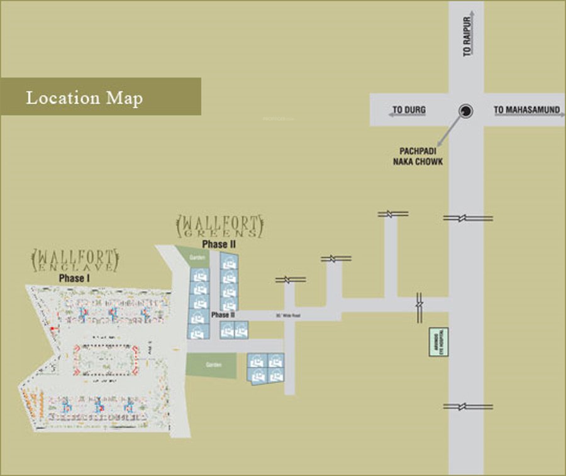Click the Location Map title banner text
(84, 98)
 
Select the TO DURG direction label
(409, 110)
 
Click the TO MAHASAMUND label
(526, 110)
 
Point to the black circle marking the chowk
(465, 111)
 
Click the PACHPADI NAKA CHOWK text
(421, 157)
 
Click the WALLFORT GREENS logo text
(219, 226)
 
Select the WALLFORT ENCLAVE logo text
(75, 260)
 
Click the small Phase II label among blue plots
(223, 314)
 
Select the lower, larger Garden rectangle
(211, 365)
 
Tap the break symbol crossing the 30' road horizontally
(419, 307)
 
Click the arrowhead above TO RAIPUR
(467, 14)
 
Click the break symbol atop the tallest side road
(393, 214)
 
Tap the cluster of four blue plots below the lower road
(265, 368)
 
